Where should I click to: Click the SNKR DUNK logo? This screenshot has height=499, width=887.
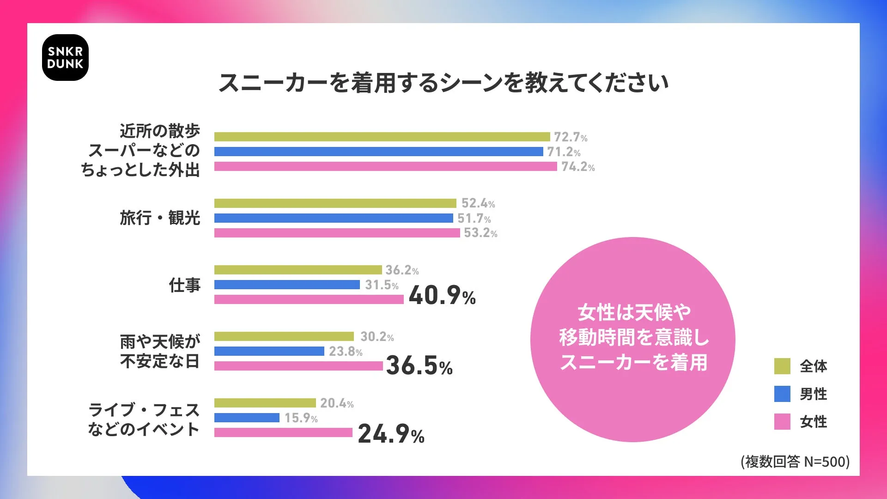click(65, 58)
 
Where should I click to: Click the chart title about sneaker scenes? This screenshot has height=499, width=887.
click(443, 83)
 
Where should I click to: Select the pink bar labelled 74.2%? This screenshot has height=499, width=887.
click(385, 166)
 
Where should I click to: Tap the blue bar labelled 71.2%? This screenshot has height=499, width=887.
click(378, 152)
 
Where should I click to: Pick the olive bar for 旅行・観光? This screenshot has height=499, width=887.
click(335, 203)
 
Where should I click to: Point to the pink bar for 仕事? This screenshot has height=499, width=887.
click(309, 299)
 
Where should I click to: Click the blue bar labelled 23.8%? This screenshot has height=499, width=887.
click(269, 351)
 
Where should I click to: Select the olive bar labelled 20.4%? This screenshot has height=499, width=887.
click(265, 403)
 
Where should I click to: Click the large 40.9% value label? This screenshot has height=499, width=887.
click(442, 296)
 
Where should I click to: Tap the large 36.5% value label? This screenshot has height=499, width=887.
click(419, 366)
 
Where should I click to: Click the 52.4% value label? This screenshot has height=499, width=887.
click(478, 203)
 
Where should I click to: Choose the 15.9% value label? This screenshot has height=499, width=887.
click(301, 418)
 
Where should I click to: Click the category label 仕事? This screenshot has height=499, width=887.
click(184, 285)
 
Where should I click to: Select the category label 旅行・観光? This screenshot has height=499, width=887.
click(160, 218)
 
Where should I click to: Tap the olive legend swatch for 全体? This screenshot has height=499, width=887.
click(782, 366)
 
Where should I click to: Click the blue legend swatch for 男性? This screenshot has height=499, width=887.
click(782, 394)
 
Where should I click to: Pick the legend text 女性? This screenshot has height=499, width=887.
click(814, 422)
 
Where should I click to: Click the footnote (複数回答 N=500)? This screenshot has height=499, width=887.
click(795, 462)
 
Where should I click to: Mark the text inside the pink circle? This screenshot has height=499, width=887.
click(633, 338)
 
